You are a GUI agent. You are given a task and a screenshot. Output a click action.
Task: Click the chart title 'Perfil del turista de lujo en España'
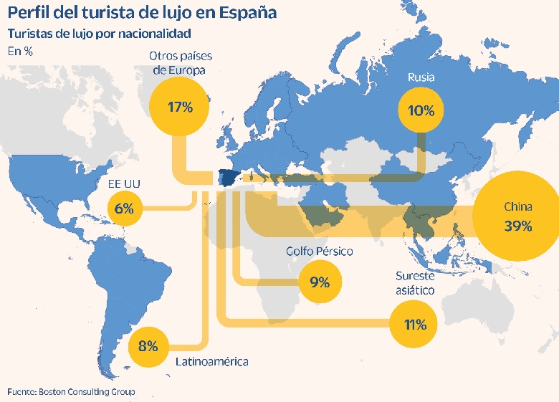point(142,14)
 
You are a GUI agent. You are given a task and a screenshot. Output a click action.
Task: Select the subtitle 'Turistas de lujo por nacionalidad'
point(98,34)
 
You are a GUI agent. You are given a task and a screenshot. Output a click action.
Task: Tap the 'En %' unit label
point(20,51)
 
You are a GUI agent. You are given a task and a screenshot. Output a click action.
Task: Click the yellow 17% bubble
point(181,107)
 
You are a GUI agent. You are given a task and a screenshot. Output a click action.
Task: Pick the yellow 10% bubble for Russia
point(421,110)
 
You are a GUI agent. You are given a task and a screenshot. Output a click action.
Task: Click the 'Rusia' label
point(421,77)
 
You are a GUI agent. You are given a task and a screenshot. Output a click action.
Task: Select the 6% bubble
point(124,209)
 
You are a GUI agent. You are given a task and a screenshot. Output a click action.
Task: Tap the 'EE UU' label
point(124,185)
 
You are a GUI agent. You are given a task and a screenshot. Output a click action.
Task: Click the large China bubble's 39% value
point(517,226)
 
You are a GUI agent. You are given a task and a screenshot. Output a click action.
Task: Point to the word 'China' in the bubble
point(517,207)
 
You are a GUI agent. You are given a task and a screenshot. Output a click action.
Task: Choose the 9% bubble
point(320,282)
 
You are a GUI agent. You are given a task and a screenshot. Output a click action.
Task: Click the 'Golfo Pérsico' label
point(320,252)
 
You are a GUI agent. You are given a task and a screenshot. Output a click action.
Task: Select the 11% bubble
point(415,325)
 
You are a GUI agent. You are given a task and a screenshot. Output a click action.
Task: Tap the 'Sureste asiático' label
point(415,283)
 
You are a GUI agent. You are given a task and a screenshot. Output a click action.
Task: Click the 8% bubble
point(148,347)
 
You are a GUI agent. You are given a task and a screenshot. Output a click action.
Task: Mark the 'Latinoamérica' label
point(212,362)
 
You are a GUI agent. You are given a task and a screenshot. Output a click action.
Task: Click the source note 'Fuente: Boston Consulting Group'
point(71,392)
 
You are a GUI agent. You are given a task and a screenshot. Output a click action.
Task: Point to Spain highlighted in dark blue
point(228,178)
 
